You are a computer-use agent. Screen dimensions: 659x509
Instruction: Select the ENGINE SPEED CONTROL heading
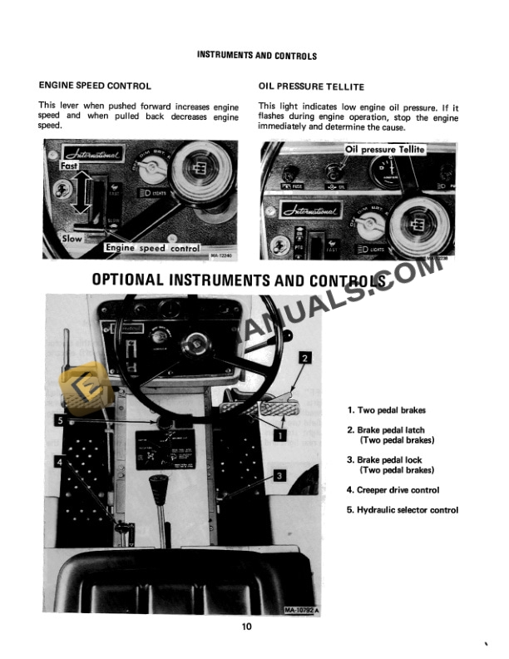pyautogui.click(x=95, y=86)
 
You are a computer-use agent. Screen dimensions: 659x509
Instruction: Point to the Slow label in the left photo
pyautogui.click(x=73, y=239)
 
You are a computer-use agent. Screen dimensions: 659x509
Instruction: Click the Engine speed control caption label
pyautogui.click(x=152, y=248)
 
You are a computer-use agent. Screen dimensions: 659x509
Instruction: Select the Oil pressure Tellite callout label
pyautogui.click(x=385, y=150)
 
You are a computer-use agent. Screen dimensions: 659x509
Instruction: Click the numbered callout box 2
pyautogui.click(x=305, y=359)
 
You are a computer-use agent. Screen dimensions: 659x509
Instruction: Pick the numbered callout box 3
pyautogui.click(x=280, y=476)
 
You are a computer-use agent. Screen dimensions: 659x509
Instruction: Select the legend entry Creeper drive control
pyautogui.click(x=393, y=490)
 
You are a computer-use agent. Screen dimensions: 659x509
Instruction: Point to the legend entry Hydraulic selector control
pyautogui.click(x=403, y=510)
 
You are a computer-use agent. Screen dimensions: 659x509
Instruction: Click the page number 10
pyautogui.click(x=247, y=627)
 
